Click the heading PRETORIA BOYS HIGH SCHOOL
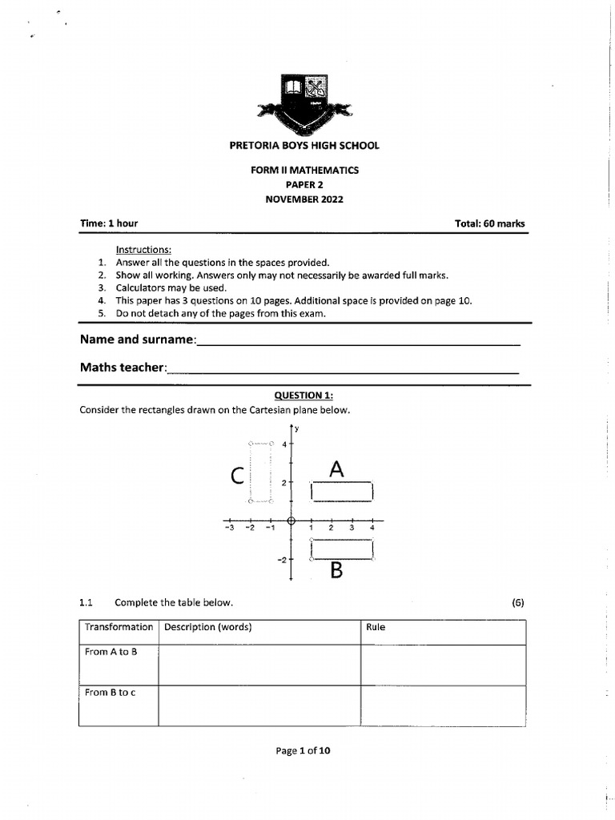click(304, 146)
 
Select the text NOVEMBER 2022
click(304, 199)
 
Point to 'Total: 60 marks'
click(490, 223)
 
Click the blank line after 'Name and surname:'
click(358, 341)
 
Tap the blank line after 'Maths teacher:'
click(343, 369)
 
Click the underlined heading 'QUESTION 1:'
click(303, 395)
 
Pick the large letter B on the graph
click(337, 570)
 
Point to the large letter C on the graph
click(236, 476)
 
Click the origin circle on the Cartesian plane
click(291, 520)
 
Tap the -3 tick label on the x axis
click(229, 528)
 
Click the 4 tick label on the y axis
click(283, 444)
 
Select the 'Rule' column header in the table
click(376, 627)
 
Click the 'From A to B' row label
click(111, 652)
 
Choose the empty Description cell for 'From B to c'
click(259, 705)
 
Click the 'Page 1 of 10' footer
click(303, 750)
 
